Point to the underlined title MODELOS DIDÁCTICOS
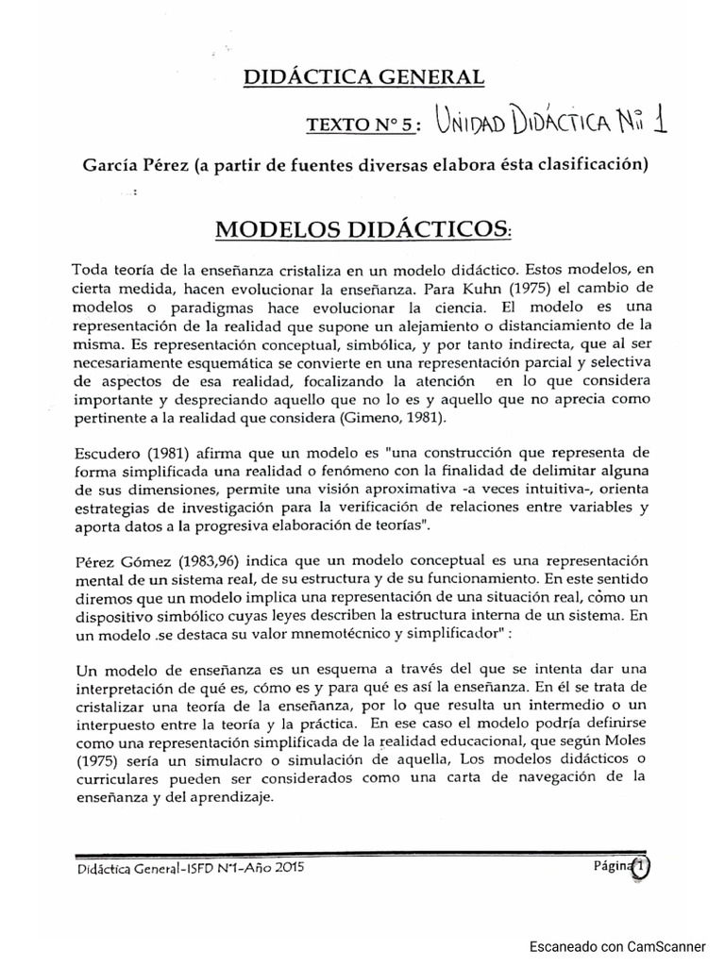pyautogui.click(x=362, y=228)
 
